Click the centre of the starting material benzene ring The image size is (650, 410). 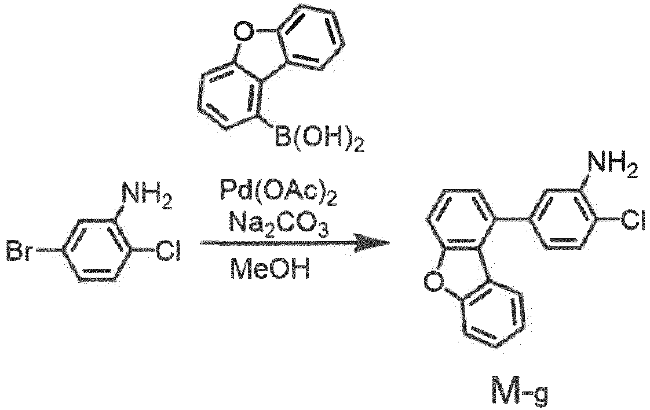(x=97, y=251)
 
